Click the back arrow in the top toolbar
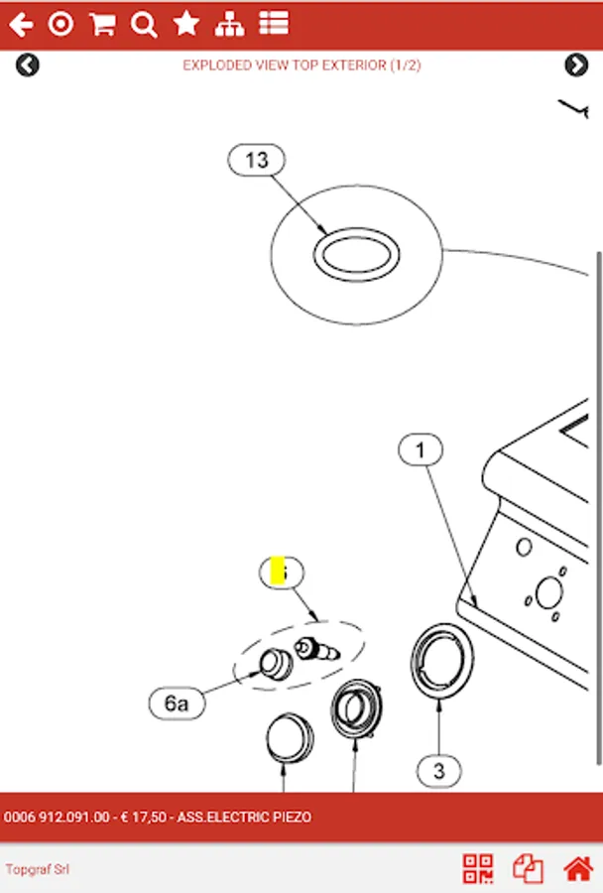click(21, 25)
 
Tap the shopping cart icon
click(101, 25)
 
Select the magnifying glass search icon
click(144, 25)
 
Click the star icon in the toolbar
click(186, 25)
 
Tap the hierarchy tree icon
click(229, 25)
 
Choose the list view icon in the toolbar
click(274, 25)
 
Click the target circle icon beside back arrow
click(61, 25)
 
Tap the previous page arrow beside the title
click(28, 65)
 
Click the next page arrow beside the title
click(576, 65)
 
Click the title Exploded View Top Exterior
click(301, 65)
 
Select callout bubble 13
click(256, 160)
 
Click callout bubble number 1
click(421, 450)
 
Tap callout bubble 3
click(439, 769)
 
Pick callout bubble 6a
click(176, 703)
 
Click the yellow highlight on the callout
click(278, 572)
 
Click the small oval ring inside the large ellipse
click(357, 253)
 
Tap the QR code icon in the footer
click(478, 869)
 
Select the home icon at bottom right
click(578, 869)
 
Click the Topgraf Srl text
click(37, 870)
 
